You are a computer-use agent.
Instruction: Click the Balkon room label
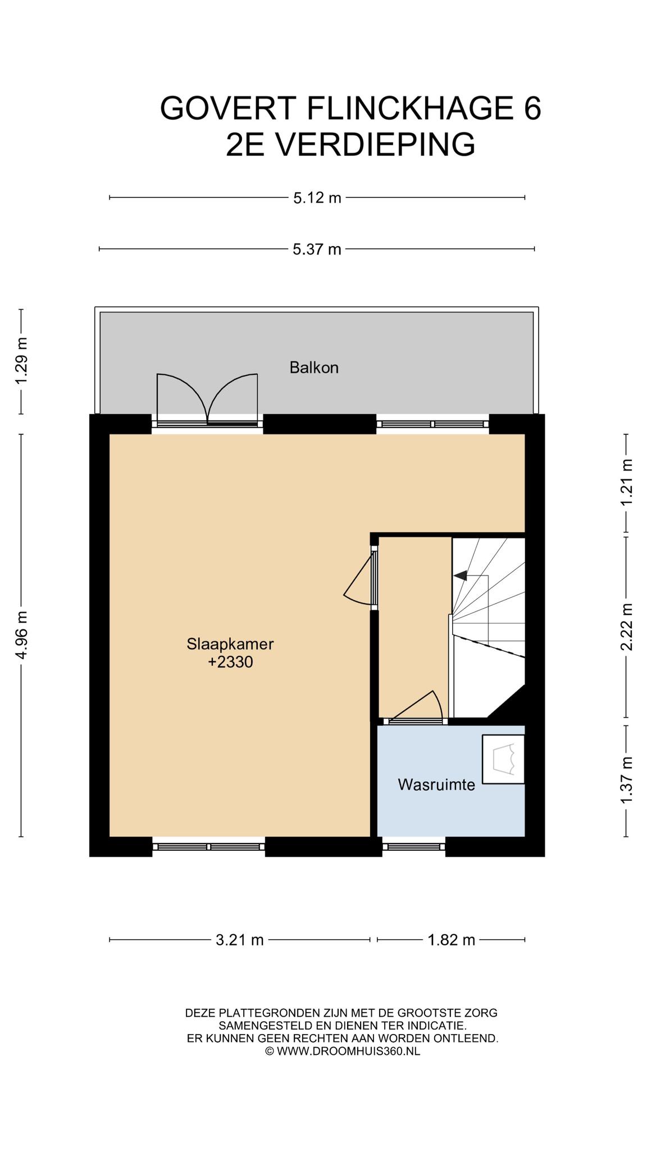click(314, 368)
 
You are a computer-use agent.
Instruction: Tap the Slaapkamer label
click(230, 644)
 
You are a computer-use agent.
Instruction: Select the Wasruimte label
click(436, 785)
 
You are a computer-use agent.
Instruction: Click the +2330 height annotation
click(230, 662)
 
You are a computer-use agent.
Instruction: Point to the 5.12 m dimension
click(317, 198)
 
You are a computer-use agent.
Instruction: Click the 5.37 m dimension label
click(317, 249)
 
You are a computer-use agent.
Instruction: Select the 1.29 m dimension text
click(21, 361)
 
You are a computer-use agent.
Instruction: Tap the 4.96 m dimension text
click(21, 635)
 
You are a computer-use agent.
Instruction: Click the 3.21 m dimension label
click(240, 940)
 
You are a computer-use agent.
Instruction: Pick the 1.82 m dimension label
click(452, 940)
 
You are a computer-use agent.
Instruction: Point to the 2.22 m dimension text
click(626, 627)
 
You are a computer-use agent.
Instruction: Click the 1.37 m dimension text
click(626, 780)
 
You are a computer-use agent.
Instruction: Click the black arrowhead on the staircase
click(460, 575)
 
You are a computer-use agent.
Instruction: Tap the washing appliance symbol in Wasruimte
click(503, 759)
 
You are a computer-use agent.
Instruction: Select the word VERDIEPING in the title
click(376, 144)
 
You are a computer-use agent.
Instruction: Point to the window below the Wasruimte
click(414, 846)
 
